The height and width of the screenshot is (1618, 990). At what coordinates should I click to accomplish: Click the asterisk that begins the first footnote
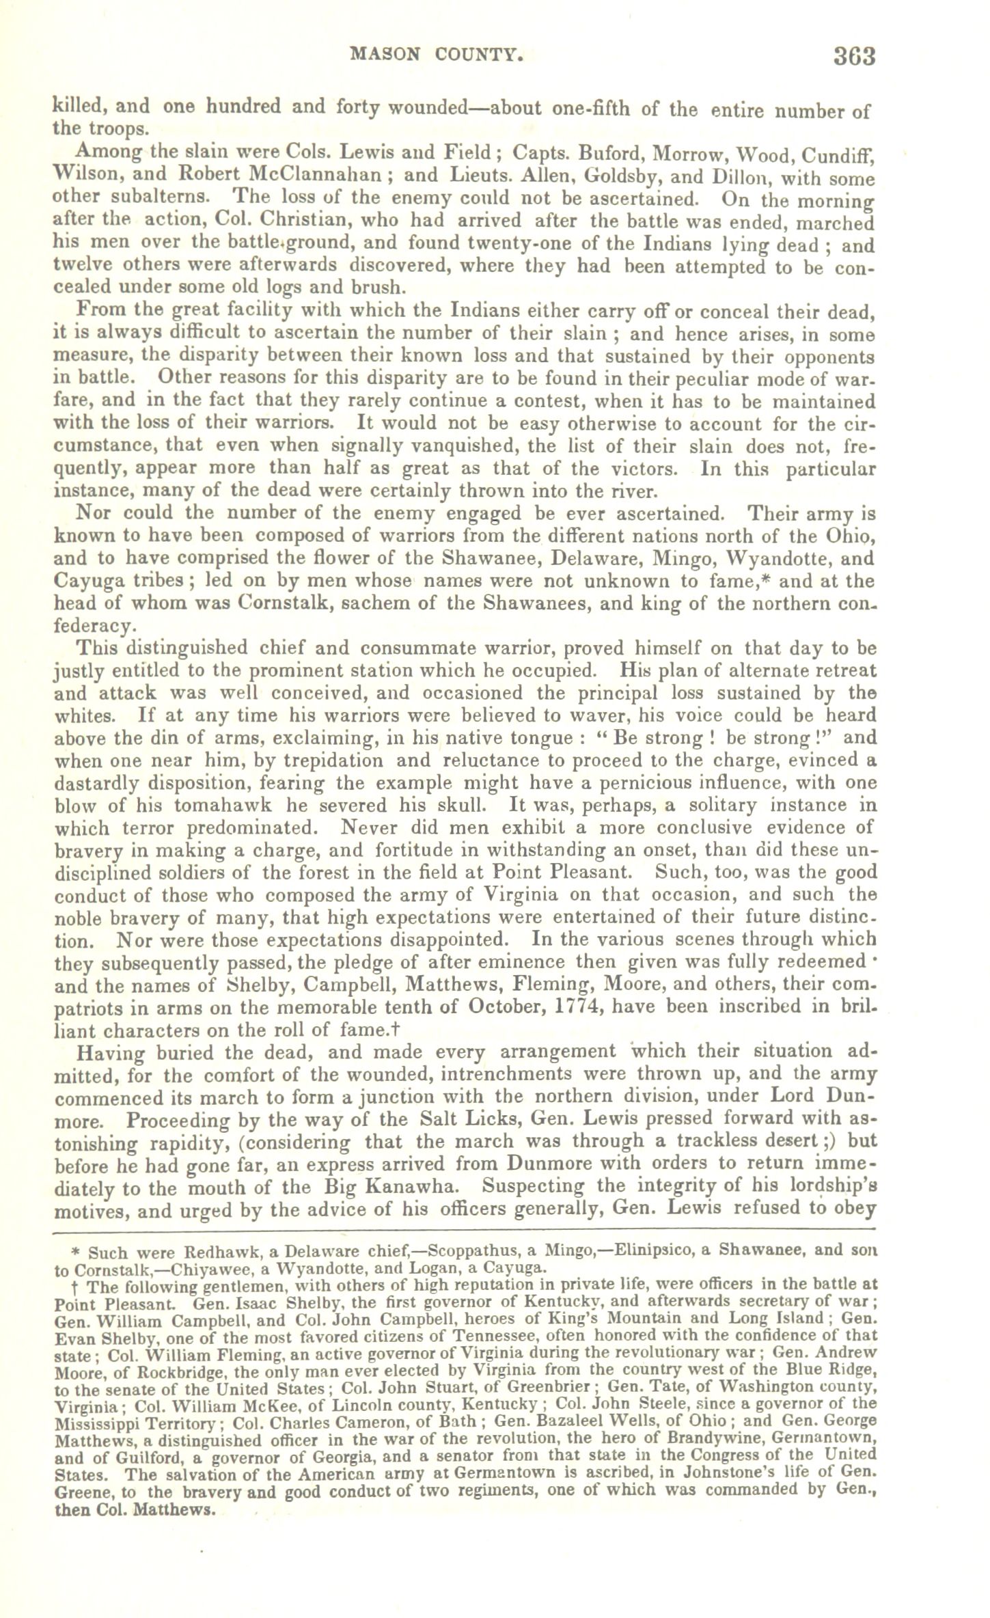(x=77, y=1252)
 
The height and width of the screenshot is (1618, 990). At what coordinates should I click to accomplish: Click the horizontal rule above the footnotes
(x=464, y=1231)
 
